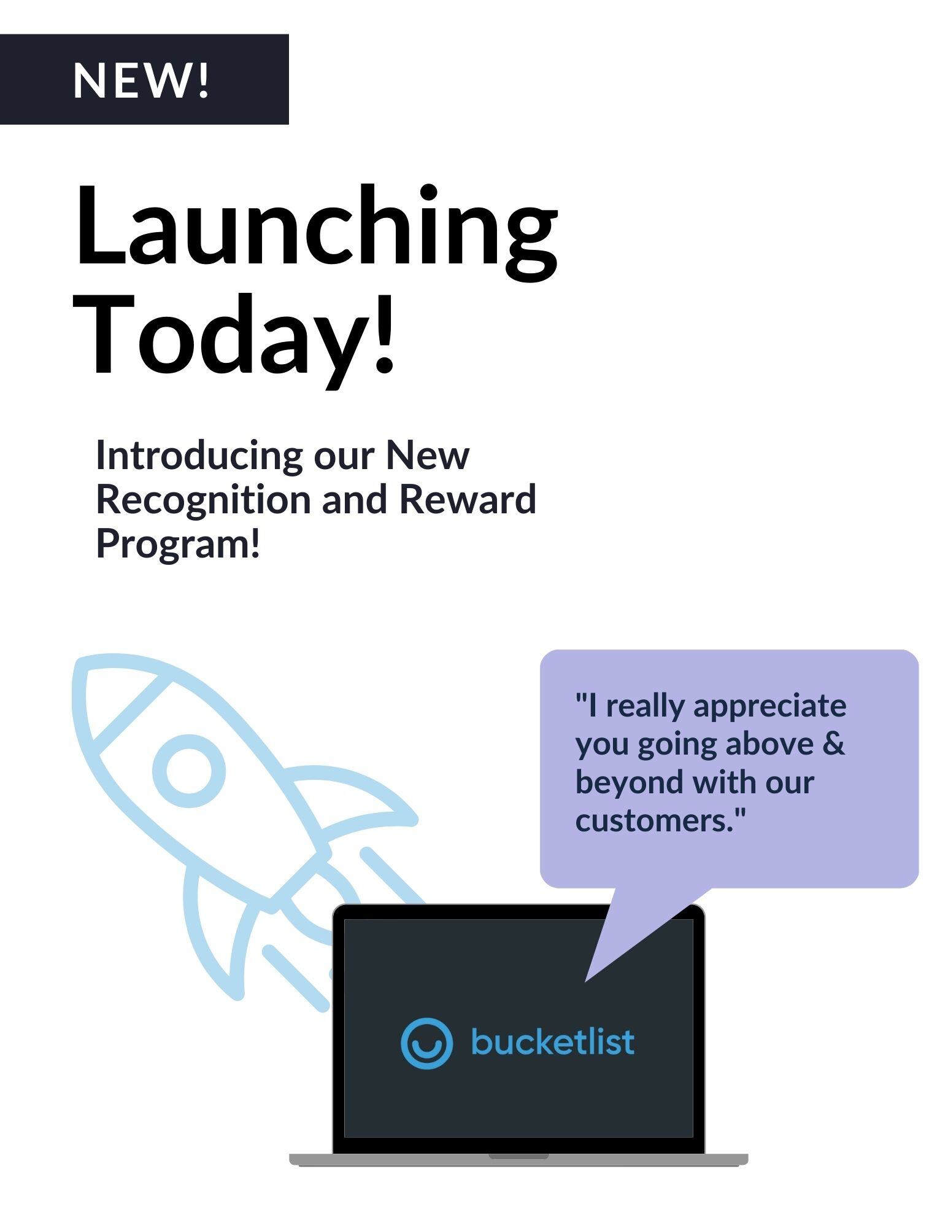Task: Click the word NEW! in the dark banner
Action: tap(142, 80)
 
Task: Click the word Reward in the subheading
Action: tap(468, 499)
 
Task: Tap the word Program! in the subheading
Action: tap(179, 544)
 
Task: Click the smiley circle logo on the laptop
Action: tap(426, 1043)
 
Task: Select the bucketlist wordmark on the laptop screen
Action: tap(552, 1041)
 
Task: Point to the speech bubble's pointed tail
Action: tap(587, 980)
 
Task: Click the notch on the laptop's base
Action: tap(518, 1156)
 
